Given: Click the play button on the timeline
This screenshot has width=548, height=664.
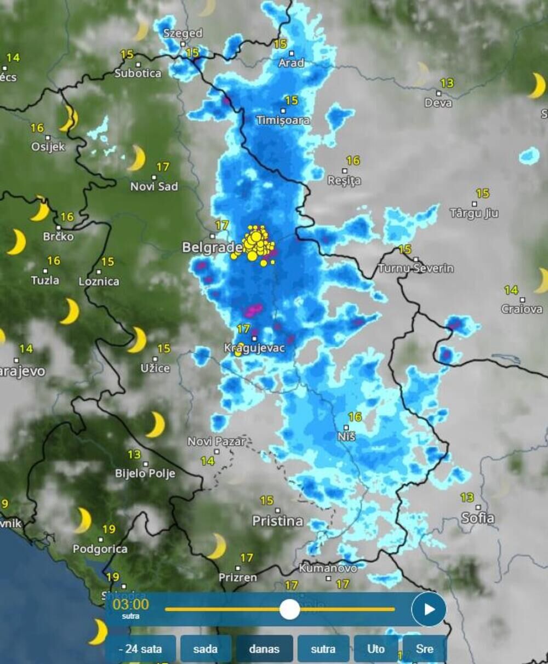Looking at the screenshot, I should click(x=429, y=609).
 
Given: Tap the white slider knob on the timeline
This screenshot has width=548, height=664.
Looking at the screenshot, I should click(x=289, y=609).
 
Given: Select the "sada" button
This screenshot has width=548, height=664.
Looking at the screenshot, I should click(x=206, y=649).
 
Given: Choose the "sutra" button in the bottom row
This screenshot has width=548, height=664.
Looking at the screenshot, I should click(x=323, y=649).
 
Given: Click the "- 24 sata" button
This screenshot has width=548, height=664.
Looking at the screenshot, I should click(x=141, y=649).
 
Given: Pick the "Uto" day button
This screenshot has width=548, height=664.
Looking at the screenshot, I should click(x=376, y=649).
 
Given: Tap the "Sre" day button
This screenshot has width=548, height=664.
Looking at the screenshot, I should click(x=425, y=649).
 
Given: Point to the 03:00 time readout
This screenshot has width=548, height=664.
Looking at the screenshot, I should click(x=130, y=604).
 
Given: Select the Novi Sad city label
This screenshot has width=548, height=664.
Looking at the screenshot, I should click(x=154, y=186).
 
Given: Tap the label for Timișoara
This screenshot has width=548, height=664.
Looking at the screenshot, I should click(x=283, y=120).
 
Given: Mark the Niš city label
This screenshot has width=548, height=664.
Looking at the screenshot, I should click(x=347, y=437).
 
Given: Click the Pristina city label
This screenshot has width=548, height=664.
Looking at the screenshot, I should click(x=277, y=521).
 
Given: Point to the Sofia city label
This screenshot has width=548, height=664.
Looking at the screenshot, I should click(x=478, y=518).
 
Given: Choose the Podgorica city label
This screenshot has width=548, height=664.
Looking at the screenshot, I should click(x=100, y=548).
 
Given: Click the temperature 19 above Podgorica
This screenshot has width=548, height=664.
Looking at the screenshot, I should click(x=109, y=529).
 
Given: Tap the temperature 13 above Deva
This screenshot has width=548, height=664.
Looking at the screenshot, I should click(x=447, y=83).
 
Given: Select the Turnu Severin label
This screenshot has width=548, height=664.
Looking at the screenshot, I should click(x=416, y=268).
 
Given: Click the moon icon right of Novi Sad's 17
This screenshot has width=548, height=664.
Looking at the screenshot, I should click(x=136, y=158).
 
